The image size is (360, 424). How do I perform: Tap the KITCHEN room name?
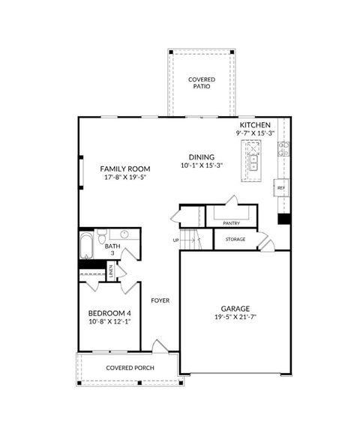click(x=254, y=124)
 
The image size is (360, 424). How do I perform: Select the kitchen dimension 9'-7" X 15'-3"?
click(x=255, y=133)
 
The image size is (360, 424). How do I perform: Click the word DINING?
click(x=201, y=157)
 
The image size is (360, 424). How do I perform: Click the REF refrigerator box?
click(x=280, y=187)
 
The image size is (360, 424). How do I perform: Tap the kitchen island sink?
click(x=253, y=159)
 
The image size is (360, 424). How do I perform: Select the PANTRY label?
click(x=231, y=222)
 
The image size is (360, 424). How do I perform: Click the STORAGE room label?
click(x=235, y=240)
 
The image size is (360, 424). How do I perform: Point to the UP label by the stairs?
click(x=176, y=240)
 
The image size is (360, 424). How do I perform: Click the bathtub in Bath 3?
click(x=87, y=246)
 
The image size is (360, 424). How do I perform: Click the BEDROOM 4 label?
click(x=109, y=312)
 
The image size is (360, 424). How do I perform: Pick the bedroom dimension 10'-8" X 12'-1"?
click(x=109, y=321)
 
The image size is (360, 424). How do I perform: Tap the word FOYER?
click(x=160, y=300)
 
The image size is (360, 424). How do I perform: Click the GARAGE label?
click(x=235, y=309)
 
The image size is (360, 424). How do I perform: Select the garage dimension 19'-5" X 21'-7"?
click(x=235, y=318)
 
